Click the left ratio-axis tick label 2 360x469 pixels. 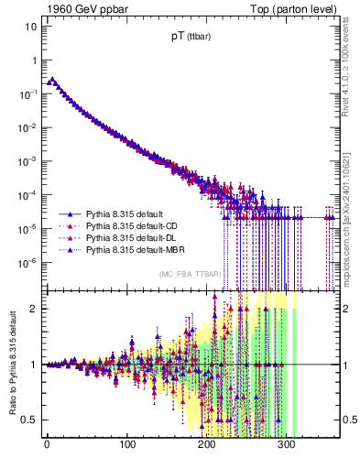click(33, 308)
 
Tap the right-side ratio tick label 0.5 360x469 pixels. click(346, 420)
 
